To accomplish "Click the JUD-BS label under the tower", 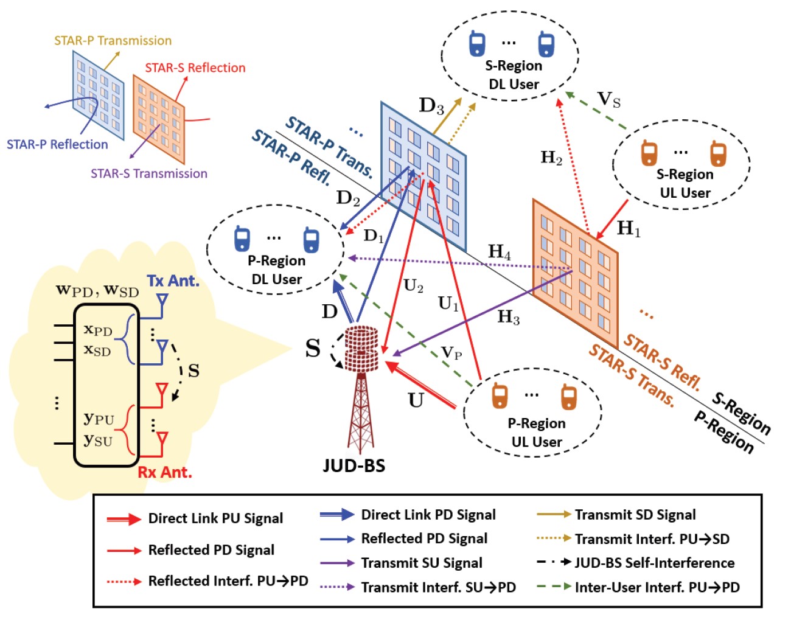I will point(354,466).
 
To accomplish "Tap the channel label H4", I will point(500,251).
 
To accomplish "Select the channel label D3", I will point(431,106).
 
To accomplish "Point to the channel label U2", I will point(413,286).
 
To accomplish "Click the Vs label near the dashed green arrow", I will point(608,99).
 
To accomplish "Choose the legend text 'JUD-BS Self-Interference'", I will point(654,563).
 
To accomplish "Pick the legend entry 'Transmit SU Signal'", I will point(422,563).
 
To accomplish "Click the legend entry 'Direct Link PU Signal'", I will point(215,518).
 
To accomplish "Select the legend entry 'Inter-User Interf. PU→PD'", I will point(657,587).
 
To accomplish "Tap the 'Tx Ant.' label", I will point(173,281).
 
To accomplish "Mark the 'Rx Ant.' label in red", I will point(165,472).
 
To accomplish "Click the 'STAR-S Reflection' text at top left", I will point(195,68).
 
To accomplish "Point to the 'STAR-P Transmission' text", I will point(113,41).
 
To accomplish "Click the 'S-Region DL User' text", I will point(514,75).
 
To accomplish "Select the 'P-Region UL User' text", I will point(537,433).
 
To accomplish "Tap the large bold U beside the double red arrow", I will point(416,400).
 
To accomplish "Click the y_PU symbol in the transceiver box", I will point(99,419).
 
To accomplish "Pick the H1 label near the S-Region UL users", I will point(629,229).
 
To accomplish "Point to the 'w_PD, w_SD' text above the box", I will point(97,290).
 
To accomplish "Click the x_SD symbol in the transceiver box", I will point(97,350).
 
